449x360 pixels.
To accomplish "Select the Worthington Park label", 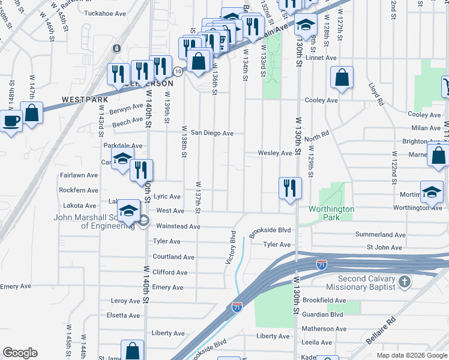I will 331,213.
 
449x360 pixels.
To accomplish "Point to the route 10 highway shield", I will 178,71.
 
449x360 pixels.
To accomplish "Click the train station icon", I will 117,48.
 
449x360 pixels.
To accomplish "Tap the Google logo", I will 20,353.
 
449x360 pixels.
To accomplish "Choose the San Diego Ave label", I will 211,133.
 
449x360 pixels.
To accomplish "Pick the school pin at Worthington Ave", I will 432,192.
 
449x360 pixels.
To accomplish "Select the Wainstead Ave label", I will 178,226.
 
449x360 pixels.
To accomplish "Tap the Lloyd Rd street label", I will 376,94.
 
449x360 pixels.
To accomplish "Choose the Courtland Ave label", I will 173,257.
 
